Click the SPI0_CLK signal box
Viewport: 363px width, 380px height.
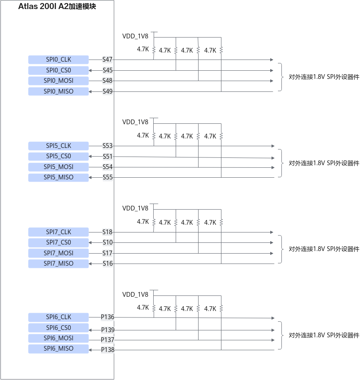click(x=58, y=60)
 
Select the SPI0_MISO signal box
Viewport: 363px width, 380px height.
click(x=58, y=91)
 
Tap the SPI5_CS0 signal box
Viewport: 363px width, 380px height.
click(x=58, y=156)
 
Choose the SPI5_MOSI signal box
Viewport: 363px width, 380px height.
click(x=58, y=167)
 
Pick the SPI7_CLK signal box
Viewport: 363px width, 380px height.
click(x=58, y=232)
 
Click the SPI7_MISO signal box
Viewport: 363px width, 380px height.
click(x=58, y=264)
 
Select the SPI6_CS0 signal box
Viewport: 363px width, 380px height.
click(x=58, y=328)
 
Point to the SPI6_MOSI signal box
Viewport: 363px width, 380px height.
click(x=58, y=338)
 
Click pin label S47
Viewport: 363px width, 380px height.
click(x=107, y=60)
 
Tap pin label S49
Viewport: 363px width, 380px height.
click(x=107, y=91)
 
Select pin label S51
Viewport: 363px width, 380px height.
click(x=107, y=157)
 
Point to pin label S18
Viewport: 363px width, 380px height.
click(x=107, y=232)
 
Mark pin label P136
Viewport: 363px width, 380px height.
click(x=107, y=317)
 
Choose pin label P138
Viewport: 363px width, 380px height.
click(x=107, y=350)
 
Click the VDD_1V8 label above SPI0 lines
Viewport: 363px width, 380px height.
click(x=135, y=36)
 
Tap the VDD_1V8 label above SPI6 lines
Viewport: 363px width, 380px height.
click(x=135, y=295)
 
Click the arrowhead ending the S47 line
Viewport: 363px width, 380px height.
click(x=272, y=60)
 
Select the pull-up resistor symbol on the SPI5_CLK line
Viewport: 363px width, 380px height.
click(x=154, y=136)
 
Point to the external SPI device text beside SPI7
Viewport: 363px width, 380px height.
click(x=324, y=249)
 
